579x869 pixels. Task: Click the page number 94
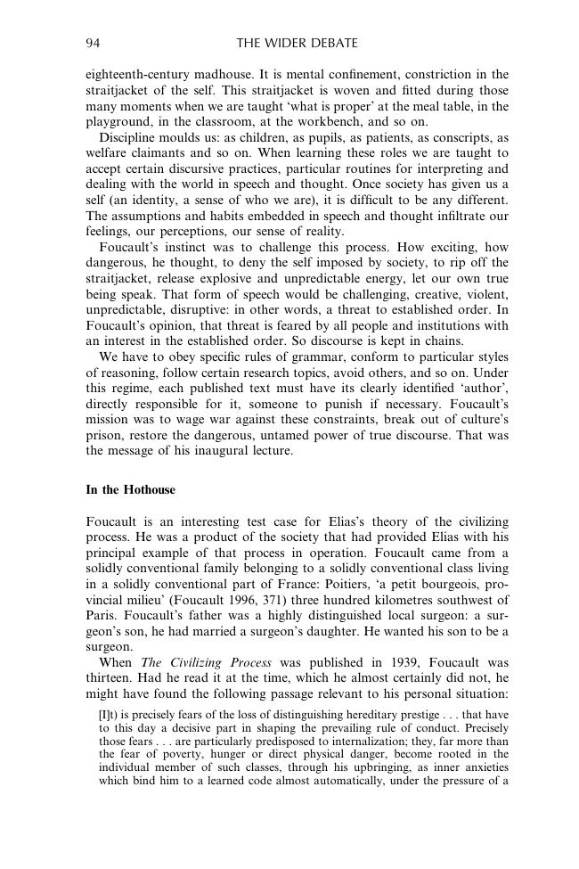click(x=92, y=43)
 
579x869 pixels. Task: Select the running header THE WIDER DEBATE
click(x=297, y=43)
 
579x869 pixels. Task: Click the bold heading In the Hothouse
click(x=130, y=490)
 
